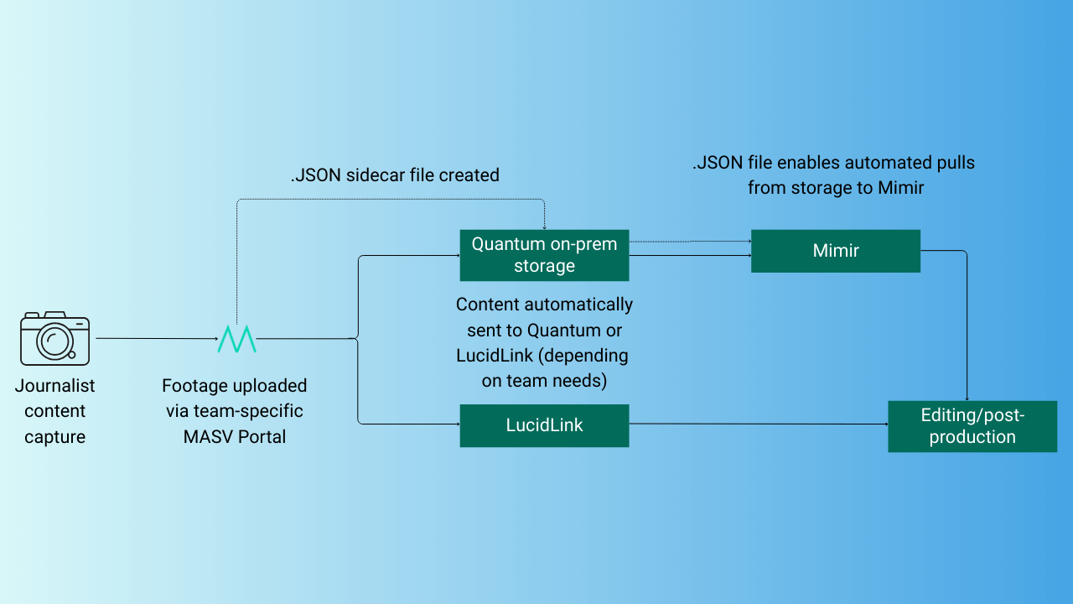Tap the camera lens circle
pyautogui.click(x=55, y=341)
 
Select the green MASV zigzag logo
pyautogui.click(x=236, y=338)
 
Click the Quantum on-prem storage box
pyautogui.click(x=544, y=255)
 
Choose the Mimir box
pyautogui.click(x=835, y=251)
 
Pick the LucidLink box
pyautogui.click(x=544, y=425)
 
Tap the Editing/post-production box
pyautogui.click(x=972, y=426)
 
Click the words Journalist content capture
pyautogui.click(x=54, y=411)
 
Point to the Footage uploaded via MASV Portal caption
pyautogui.click(x=235, y=411)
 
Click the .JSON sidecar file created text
pyautogui.click(x=395, y=175)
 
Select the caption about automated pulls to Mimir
pyautogui.click(x=835, y=175)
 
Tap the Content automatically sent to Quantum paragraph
pyautogui.click(x=543, y=342)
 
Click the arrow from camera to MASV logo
pyautogui.click(x=155, y=338)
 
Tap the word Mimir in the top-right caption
pyautogui.click(x=900, y=188)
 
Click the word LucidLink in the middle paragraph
pyautogui.click(x=495, y=356)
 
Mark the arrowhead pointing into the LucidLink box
pyautogui.click(x=455, y=424)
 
